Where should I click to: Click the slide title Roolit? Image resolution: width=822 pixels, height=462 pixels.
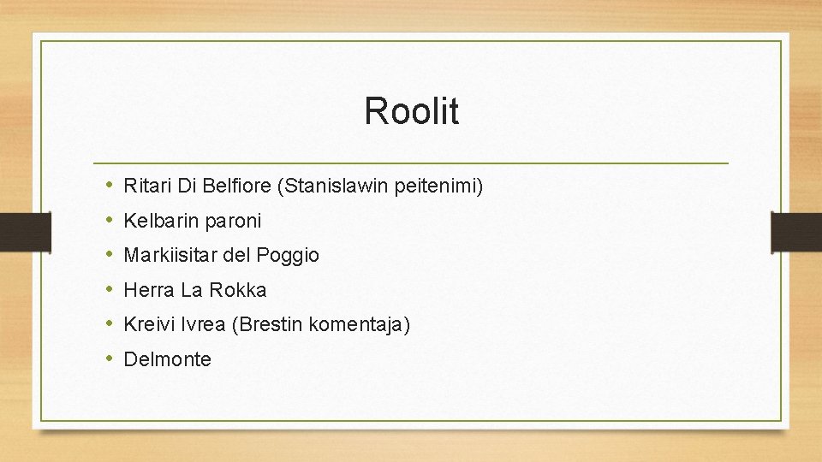pyautogui.click(x=411, y=111)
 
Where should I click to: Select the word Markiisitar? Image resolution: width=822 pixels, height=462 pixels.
pyautogui.click(x=171, y=255)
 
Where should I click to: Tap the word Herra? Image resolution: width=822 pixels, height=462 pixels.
pyautogui.click(x=149, y=290)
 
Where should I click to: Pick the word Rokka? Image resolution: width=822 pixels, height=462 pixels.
pyautogui.click(x=237, y=290)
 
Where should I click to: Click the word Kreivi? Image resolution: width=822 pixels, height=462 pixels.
pyautogui.click(x=147, y=324)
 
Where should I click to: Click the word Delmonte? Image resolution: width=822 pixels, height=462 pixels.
pyautogui.click(x=167, y=359)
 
